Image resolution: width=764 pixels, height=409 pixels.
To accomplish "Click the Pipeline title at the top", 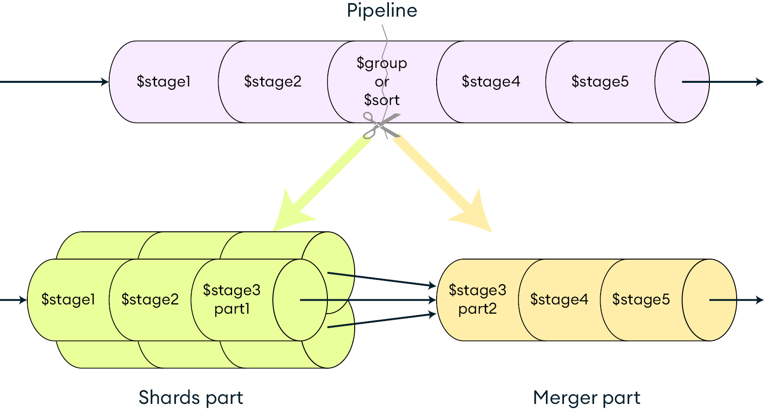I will click(382, 11).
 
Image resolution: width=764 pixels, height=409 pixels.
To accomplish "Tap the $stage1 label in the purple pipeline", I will click(163, 81).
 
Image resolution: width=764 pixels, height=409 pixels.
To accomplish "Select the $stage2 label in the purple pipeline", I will click(273, 81).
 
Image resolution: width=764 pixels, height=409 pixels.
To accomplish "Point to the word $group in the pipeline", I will click(382, 63).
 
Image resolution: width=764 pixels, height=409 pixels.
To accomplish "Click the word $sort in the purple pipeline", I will click(382, 100).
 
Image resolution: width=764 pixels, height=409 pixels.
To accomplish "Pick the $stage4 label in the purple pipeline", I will click(491, 81).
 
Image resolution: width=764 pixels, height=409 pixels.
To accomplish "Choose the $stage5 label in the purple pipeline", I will click(600, 81).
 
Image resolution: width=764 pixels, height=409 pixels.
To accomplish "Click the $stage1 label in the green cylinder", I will click(68, 299).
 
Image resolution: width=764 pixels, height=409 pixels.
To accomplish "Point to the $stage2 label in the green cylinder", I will click(150, 299).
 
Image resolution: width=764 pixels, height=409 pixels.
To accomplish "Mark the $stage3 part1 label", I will click(232, 299).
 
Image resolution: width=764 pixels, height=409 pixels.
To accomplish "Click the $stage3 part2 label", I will click(477, 299).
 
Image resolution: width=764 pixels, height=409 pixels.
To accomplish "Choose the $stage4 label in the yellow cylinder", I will click(559, 299).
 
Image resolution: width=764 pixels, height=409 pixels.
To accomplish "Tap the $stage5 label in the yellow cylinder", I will click(641, 299).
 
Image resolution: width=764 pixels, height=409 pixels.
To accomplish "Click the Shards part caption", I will click(191, 397).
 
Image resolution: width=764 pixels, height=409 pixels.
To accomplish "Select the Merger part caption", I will click(587, 397).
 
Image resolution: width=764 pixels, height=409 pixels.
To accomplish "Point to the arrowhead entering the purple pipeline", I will click(105, 82).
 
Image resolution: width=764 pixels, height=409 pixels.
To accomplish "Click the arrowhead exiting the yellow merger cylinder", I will click(759, 300).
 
